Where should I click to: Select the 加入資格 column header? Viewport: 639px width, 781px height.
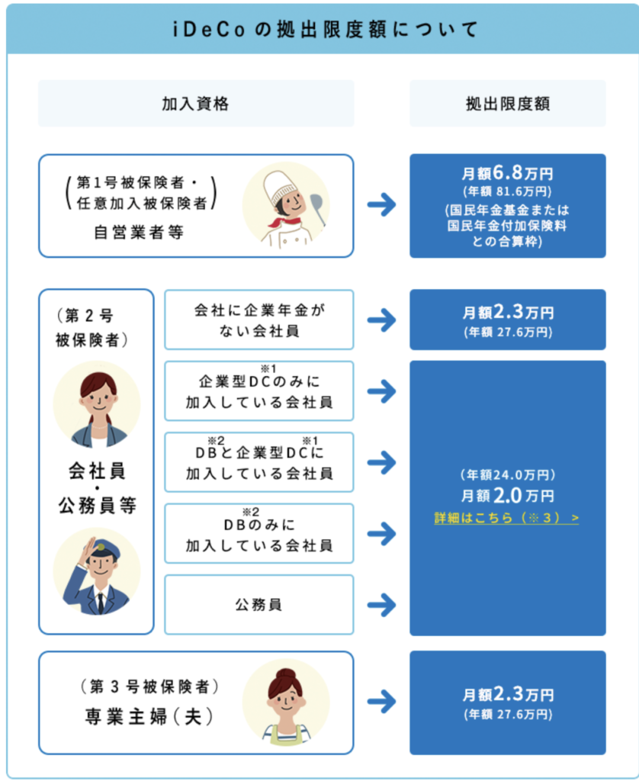tap(195, 104)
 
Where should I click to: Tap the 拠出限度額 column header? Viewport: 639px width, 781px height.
tap(507, 104)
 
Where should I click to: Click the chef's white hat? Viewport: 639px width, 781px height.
tap(280, 185)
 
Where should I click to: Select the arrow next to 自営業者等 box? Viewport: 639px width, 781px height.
tap(381, 205)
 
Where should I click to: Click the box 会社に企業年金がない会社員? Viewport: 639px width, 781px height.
tap(259, 320)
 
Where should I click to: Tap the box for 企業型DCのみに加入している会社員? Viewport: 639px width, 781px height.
tap(259, 391)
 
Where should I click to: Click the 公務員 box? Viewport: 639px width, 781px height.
tap(259, 605)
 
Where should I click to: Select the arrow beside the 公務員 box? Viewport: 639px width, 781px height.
tap(381, 605)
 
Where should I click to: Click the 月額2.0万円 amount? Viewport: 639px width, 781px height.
tap(507, 496)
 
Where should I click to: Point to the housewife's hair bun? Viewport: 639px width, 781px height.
tap(285, 673)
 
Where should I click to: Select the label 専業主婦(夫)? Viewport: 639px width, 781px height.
tap(149, 718)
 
